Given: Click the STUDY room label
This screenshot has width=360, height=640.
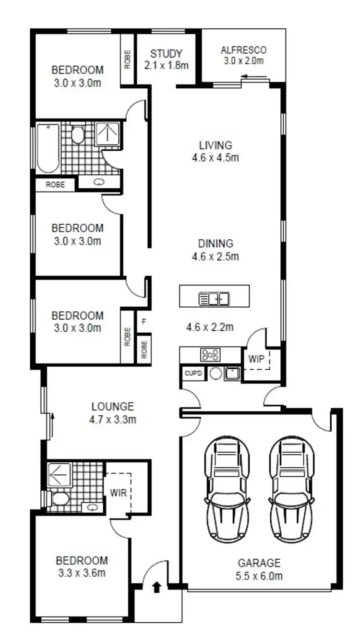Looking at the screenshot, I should (166, 53).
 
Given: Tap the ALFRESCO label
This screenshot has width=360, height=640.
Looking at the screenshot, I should (243, 50).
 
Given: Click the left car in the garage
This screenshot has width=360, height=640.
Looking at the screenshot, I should (227, 489).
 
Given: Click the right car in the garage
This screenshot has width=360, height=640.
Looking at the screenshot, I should (291, 489).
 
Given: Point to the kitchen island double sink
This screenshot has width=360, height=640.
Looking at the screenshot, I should (214, 299).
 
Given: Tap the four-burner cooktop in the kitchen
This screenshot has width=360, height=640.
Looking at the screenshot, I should (210, 355).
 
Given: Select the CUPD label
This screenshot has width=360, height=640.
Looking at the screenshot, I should (193, 373).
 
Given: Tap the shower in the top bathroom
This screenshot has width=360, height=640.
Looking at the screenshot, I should (108, 134).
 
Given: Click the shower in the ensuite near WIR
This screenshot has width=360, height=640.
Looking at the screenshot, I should (60, 475).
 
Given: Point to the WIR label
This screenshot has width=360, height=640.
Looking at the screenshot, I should (119, 493).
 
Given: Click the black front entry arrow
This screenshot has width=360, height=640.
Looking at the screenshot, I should (156, 587).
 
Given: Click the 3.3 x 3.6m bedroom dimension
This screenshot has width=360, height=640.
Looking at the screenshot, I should (82, 572).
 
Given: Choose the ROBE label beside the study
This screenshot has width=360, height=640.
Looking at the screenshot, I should (128, 60).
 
